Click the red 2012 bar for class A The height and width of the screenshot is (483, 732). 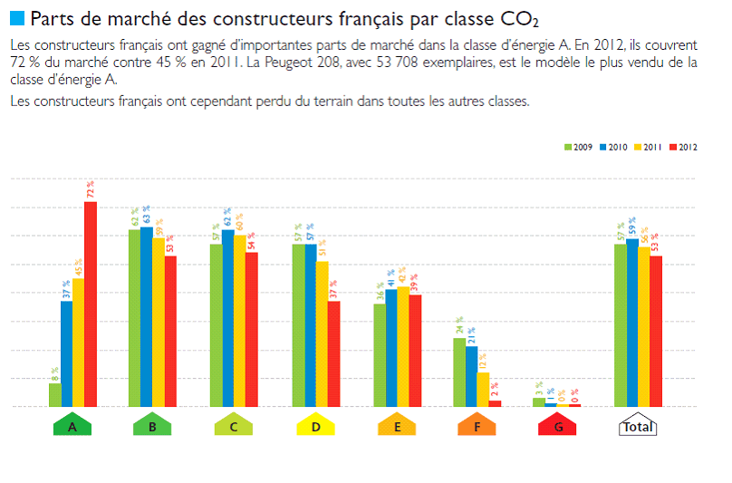coord(91,304)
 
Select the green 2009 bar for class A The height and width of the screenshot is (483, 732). coord(55,395)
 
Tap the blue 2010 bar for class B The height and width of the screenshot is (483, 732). coord(147,316)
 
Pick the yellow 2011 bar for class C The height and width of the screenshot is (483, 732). coord(240,321)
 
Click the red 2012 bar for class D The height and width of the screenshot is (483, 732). coord(333,353)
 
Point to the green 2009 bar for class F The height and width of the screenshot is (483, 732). coord(459,372)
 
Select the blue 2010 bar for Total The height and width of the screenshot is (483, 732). coord(631,323)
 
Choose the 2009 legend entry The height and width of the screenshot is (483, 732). coord(578,147)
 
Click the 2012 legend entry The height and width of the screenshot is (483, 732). coord(683,147)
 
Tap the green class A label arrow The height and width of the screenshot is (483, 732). coord(72,425)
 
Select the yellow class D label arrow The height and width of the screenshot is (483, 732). coord(315,425)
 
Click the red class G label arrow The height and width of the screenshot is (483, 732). coord(557,425)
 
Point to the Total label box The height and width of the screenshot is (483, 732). coord(637,425)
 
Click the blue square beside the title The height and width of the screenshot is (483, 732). coord(17,17)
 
